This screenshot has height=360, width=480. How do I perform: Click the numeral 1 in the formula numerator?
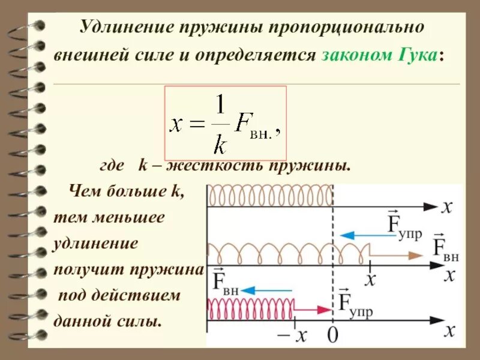[x=220, y=107]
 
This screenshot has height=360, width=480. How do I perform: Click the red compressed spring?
[x=251, y=309]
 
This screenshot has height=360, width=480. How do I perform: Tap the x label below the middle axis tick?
[x=371, y=280]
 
